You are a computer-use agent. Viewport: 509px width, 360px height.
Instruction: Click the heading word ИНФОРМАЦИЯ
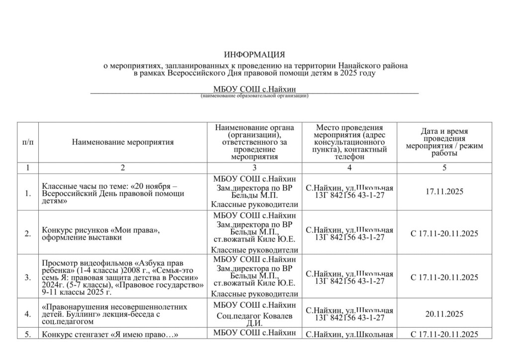pyautogui.click(x=254, y=54)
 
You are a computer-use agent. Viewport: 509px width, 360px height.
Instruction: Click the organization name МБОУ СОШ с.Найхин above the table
pyautogui.click(x=254, y=90)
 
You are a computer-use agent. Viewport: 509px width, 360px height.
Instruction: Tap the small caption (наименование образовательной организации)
pyautogui.click(x=254, y=95)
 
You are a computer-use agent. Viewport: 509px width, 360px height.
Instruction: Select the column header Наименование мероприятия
pyautogui.click(x=123, y=142)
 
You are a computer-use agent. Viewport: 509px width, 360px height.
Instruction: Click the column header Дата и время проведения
pyautogui.click(x=444, y=142)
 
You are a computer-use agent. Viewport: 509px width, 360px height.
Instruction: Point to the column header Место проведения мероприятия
pyautogui.click(x=349, y=142)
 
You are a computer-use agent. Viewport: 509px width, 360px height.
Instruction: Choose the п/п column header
pyautogui.click(x=27, y=142)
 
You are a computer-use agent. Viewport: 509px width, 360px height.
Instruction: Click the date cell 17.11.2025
pyautogui.click(x=444, y=191)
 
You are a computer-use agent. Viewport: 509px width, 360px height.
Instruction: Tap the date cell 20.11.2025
pyautogui.click(x=444, y=314)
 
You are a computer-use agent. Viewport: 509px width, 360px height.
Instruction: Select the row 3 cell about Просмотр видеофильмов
pyautogui.click(x=123, y=277)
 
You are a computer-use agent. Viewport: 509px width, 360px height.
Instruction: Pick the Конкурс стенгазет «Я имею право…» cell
pyautogui.click(x=110, y=334)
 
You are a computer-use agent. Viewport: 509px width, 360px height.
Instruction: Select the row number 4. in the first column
pyautogui.click(x=28, y=314)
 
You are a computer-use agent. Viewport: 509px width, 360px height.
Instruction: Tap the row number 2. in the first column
pyautogui.click(x=28, y=234)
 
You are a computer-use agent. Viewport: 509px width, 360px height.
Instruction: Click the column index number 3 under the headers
pyautogui.click(x=254, y=168)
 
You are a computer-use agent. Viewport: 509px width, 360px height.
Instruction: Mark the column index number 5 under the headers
pyautogui.click(x=444, y=168)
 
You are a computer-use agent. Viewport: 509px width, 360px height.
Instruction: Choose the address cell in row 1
pyautogui.click(x=349, y=191)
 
